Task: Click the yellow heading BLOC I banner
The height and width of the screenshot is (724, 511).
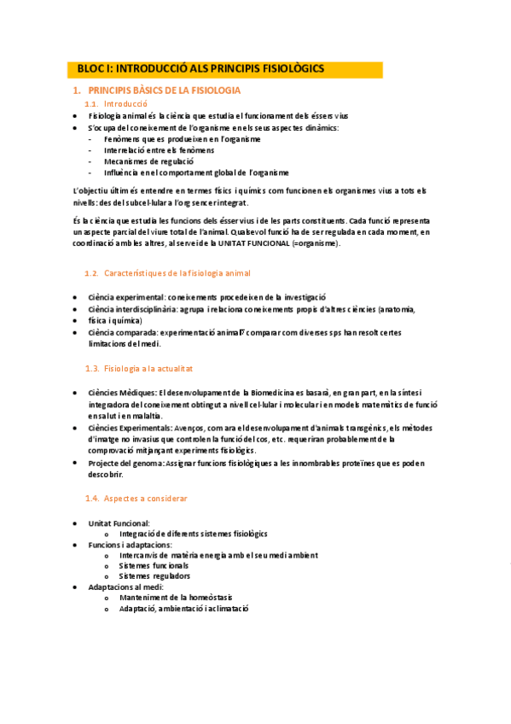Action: tap(224, 68)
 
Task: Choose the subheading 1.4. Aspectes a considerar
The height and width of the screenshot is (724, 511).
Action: tap(145, 498)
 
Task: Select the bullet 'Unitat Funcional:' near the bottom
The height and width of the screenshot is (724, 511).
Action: tap(119, 523)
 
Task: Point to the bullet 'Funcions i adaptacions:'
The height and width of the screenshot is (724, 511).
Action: tap(129, 544)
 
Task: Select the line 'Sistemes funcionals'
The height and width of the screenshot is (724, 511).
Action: tap(154, 565)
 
